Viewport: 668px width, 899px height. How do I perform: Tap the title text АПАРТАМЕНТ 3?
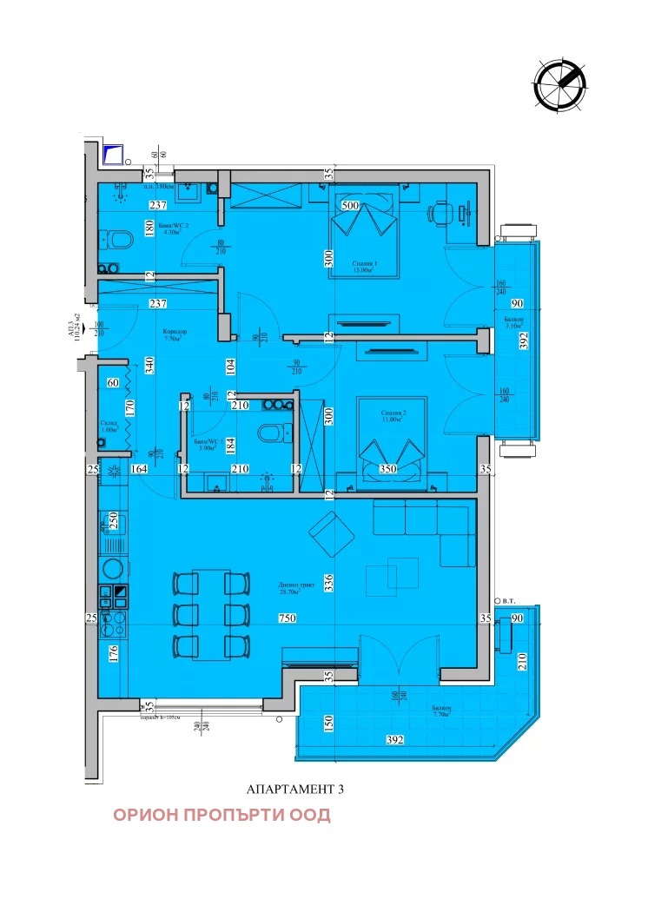296,790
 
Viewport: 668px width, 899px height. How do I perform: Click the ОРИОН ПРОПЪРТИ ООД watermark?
222,815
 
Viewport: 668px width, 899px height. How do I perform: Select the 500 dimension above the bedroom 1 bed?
351,206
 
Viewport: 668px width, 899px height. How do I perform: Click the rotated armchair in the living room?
331,534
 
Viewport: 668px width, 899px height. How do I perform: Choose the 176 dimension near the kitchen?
112,653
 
